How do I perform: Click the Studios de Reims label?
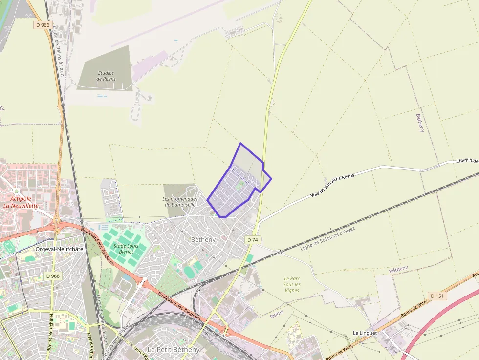[x=106, y=76]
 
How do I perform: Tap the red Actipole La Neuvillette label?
[x=21, y=202]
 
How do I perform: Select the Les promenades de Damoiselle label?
[x=180, y=202]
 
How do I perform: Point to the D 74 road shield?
[x=252, y=240]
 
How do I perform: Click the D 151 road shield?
[x=437, y=296]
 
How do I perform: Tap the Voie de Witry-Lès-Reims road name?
[x=332, y=186]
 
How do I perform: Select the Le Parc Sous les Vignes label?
[x=292, y=284]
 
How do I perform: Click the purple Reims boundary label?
[x=276, y=314]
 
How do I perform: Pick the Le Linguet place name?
[x=365, y=333]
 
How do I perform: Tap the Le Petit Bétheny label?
[x=173, y=350]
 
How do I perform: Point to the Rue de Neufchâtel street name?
[x=50, y=332]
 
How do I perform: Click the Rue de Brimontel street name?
[x=91, y=344]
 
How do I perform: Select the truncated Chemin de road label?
[x=467, y=161]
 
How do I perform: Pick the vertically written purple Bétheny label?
[x=420, y=123]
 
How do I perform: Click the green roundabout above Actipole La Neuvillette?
[x=16, y=191]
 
